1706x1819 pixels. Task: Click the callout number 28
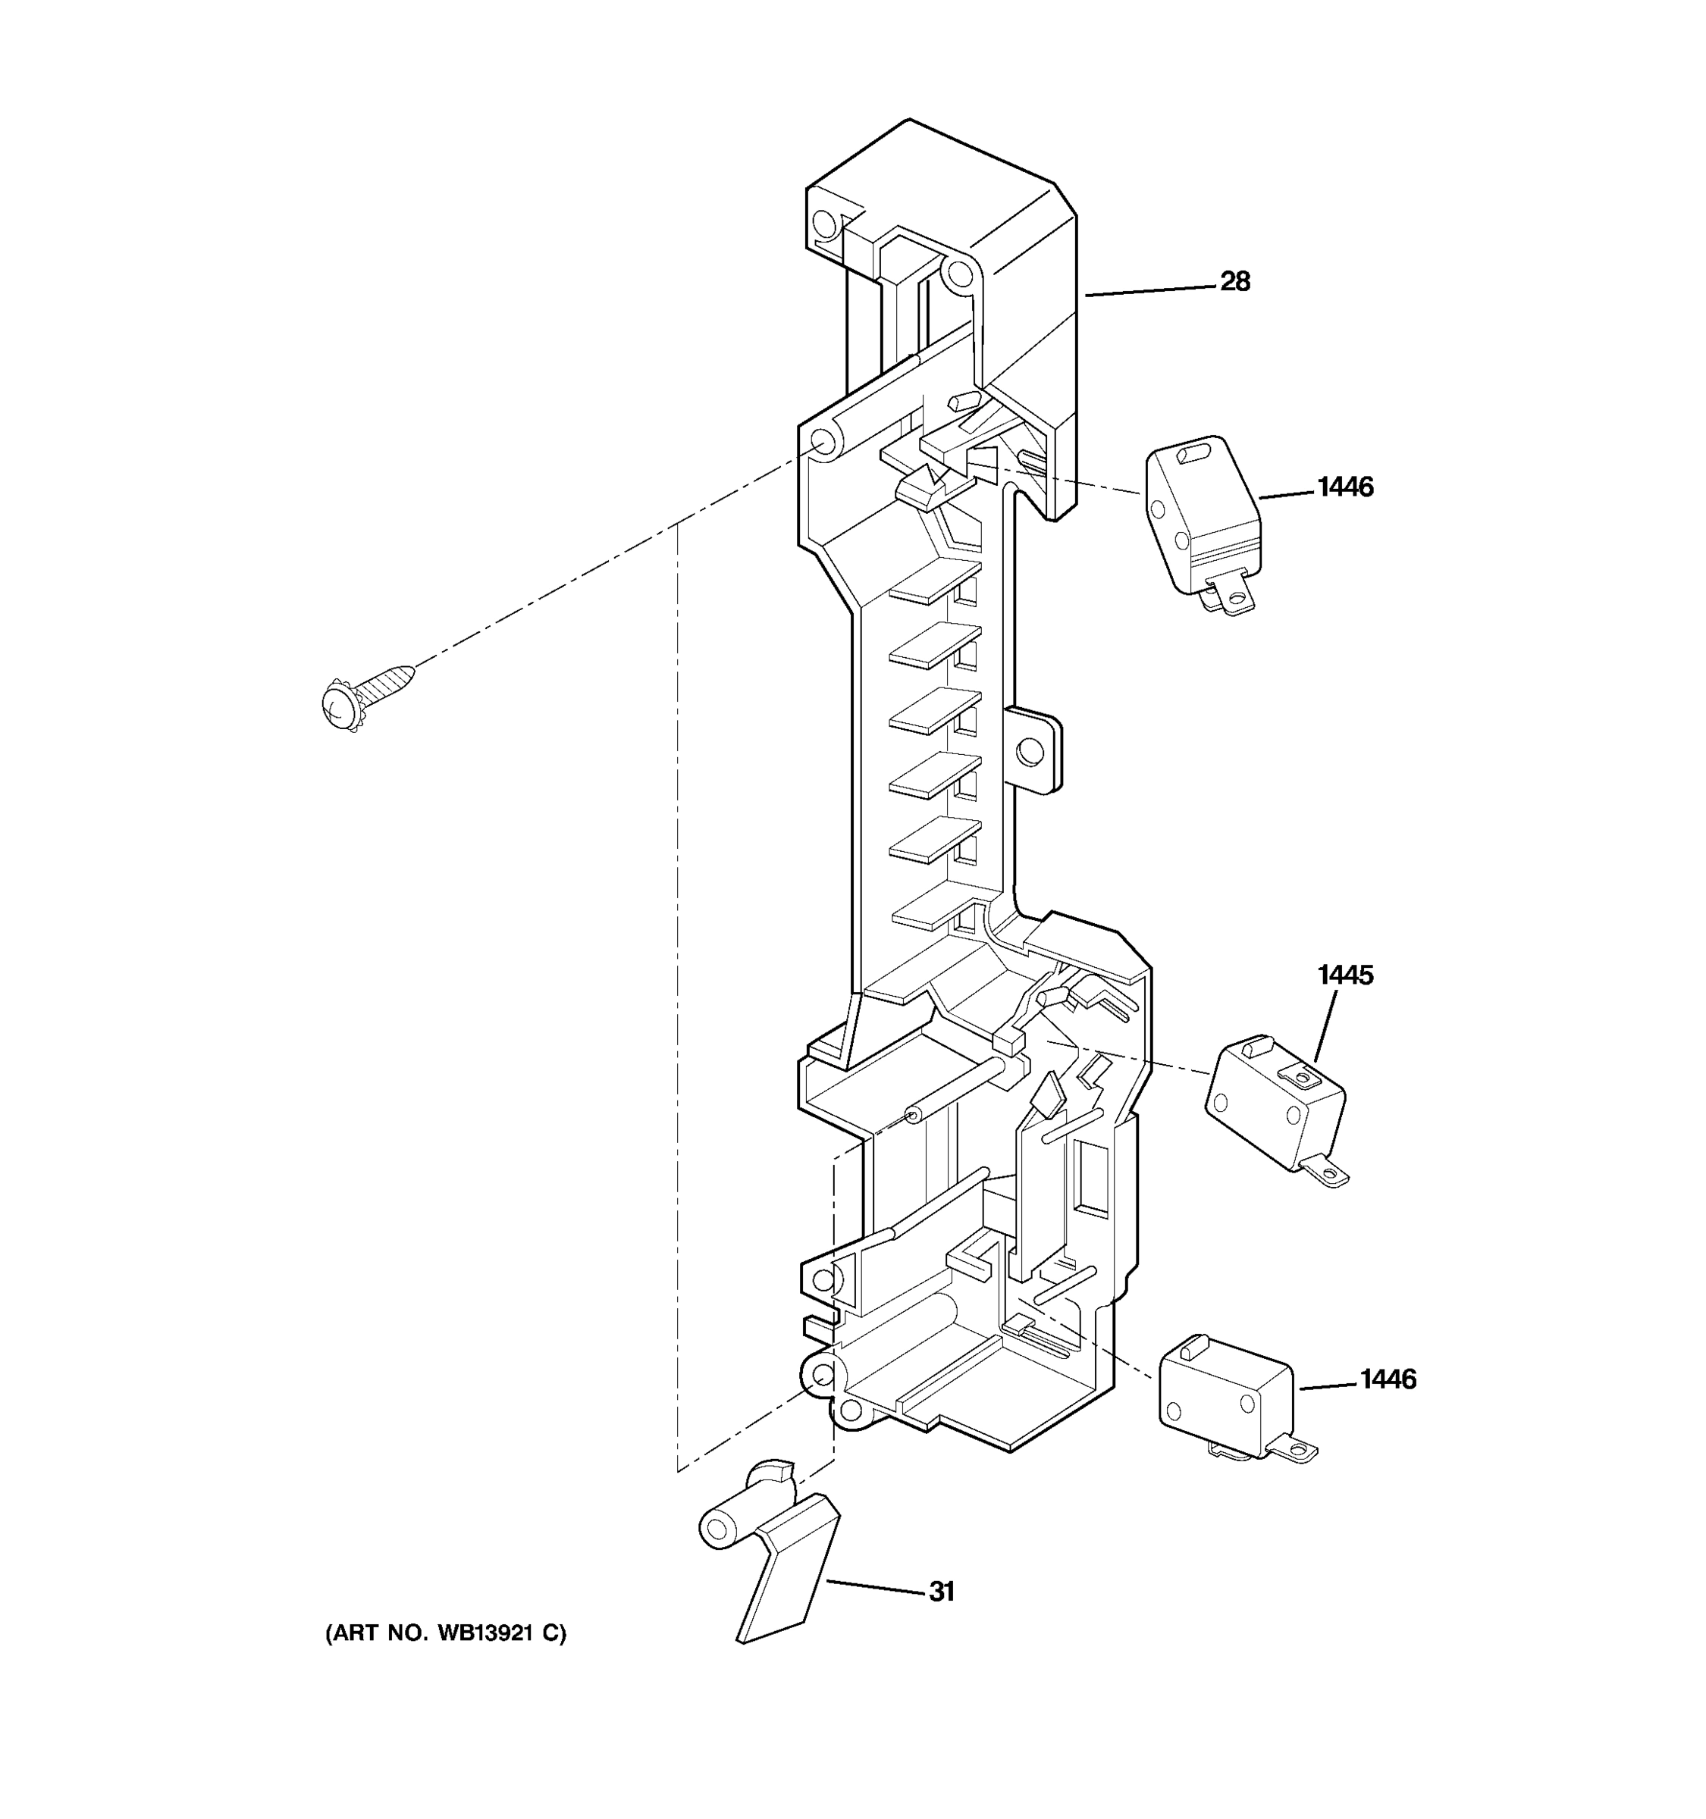click(x=1234, y=282)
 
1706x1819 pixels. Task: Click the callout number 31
click(x=942, y=1592)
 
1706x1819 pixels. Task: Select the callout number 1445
click(x=1344, y=975)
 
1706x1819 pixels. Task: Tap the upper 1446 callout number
click(x=1344, y=487)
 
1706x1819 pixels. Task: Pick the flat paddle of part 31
click(x=789, y=1568)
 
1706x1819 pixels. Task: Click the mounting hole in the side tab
click(x=1030, y=752)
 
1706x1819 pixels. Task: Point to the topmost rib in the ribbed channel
click(x=933, y=584)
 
